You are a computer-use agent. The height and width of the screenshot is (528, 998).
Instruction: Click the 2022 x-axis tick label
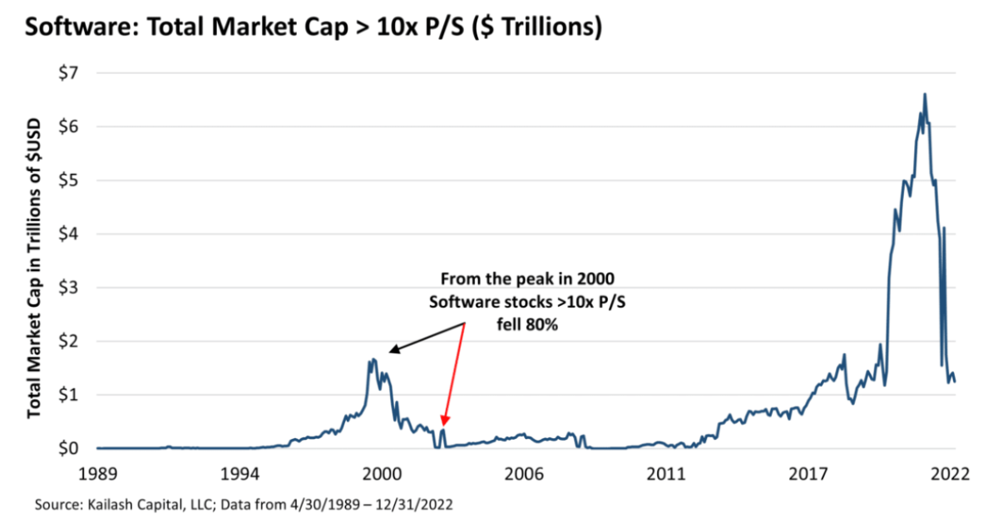coord(951,474)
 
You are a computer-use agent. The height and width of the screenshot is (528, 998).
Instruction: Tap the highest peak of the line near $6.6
coord(925,94)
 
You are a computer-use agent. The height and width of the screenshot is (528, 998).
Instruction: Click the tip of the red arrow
coord(444,426)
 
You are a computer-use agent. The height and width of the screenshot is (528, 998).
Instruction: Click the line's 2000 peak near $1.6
coord(372,360)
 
